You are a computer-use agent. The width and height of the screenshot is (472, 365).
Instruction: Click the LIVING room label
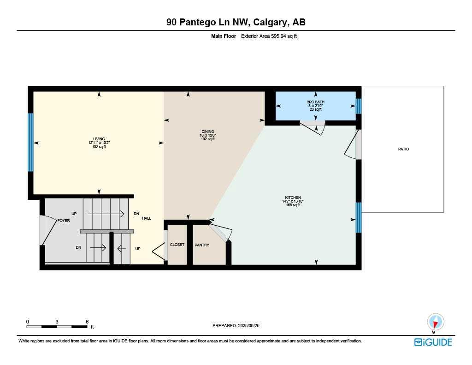pos(99,139)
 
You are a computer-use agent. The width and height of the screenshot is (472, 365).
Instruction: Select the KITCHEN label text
pos(293,197)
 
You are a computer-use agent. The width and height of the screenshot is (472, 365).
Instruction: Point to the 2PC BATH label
pos(315,102)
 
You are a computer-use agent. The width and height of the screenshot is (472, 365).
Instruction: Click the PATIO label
pos(403,149)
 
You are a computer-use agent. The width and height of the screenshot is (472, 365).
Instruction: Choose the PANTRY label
pos(202,245)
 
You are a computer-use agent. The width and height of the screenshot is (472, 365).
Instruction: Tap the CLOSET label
pos(177,245)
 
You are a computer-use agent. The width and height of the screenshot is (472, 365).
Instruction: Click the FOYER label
pos(64,221)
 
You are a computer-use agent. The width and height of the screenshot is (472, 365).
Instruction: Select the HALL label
pos(146,218)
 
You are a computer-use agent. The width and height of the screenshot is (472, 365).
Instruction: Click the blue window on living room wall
pos(31,142)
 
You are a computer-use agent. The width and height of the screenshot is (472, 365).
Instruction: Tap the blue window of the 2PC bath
pos(359,106)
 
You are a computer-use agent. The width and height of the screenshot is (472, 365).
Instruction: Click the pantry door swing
pos(220,231)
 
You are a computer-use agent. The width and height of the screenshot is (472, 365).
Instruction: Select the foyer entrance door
pos(43,230)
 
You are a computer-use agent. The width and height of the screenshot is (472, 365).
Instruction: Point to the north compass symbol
pos(435,323)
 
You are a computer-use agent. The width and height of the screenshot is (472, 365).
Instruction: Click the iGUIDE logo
pos(433,342)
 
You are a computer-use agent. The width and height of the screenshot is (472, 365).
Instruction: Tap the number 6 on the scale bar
pos(87,321)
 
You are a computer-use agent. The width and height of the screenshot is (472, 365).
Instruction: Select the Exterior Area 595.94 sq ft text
pos(269,36)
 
